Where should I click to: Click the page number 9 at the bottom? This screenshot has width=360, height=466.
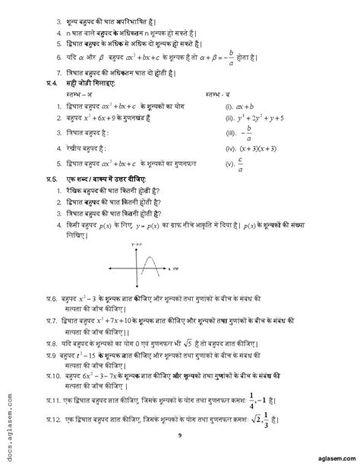click(x=180, y=436)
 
